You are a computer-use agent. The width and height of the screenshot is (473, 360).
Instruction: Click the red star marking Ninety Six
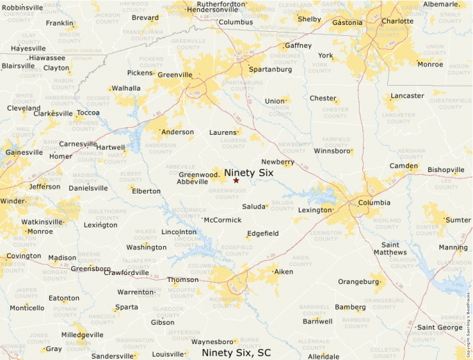point(236,180)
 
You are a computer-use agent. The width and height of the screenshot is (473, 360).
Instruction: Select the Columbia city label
point(373,202)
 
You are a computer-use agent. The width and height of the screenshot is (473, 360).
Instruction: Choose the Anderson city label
point(178,132)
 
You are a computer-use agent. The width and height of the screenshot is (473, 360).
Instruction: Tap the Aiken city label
point(284,272)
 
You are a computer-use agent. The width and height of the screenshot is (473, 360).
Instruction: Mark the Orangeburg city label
point(358,281)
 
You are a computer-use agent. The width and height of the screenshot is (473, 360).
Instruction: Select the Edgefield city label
point(263,234)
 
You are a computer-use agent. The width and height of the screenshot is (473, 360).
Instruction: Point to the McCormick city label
point(223,220)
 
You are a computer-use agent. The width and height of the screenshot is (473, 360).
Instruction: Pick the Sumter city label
point(458,220)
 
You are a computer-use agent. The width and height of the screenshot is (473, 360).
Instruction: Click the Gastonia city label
point(347,22)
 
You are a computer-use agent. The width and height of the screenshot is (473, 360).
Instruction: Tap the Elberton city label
point(146,191)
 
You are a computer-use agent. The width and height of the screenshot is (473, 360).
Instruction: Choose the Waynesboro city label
point(212,342)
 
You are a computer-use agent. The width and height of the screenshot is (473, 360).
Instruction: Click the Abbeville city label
point(192,182)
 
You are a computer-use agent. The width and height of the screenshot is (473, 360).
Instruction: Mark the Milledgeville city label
point(82,334)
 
